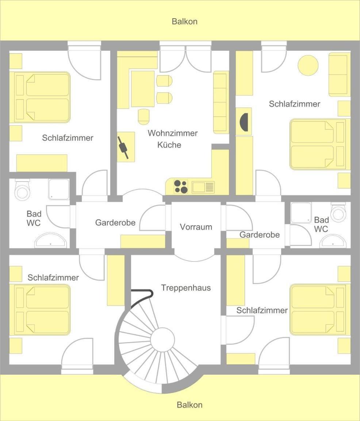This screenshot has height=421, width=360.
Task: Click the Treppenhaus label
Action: [x=186, y=288]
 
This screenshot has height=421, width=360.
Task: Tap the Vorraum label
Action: [x=196, y=227]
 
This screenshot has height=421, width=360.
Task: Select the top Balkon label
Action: [x=185, y=22]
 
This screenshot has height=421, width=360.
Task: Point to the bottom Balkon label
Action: [x=189, y=405]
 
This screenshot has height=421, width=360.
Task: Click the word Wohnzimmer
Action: [x=173, y=133]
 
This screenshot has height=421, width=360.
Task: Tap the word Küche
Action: [x=169, y=145]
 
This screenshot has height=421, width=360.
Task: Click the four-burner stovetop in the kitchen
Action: [x=181, y=187]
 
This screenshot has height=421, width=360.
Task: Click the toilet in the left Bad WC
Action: [x=22, y=190]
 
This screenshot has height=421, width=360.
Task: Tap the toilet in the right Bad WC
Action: [x=338, y=212]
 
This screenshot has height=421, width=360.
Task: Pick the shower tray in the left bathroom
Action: [x=59, y=189]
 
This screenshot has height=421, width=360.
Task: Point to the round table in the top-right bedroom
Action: [x=308, y=65]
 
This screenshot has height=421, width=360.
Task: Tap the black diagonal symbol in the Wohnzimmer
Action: [x=123, y=148]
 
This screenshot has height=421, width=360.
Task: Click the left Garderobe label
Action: [x=115, y=223]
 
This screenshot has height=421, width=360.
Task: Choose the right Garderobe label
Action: [x=260, y=235]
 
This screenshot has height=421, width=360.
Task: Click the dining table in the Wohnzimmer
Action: [x=143, y=89]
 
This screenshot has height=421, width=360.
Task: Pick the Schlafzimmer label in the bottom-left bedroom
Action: [x=53, y=278]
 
